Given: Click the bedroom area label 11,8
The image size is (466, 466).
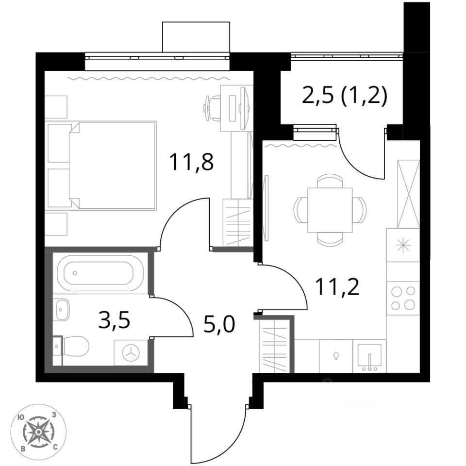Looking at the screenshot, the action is pos(191,163).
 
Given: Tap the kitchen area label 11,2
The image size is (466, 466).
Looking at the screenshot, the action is pos(337,287).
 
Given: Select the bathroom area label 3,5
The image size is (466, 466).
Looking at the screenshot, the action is pos(114,321).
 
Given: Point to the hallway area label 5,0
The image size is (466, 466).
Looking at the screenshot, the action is pos(219,325).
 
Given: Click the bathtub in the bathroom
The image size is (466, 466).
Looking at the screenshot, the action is pos(100,273).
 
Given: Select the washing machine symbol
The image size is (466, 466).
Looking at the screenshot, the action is pos(131,353).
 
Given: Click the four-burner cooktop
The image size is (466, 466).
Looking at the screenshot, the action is pos(403,299).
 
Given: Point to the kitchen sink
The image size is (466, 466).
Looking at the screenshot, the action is pos(369,357).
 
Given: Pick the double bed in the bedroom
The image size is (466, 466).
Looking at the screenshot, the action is pos(112,166).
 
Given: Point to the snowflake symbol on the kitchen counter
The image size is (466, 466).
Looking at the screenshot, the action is pos(403,245).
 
